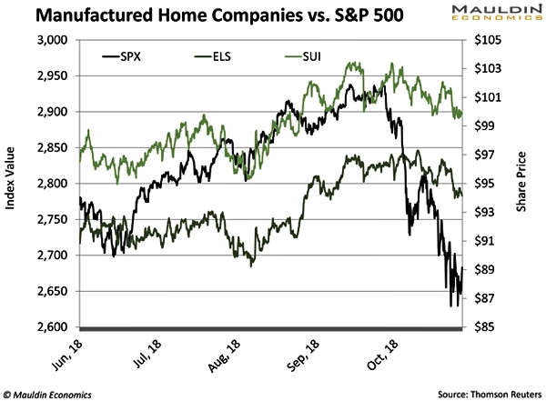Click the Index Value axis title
pos(12,184)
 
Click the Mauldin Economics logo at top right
pos(490,14)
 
